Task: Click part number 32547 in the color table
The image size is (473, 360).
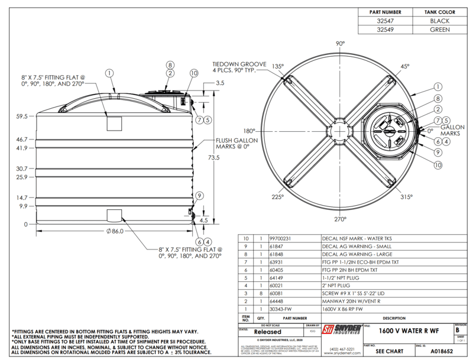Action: point(385,21)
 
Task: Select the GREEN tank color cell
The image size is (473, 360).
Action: point(440,30)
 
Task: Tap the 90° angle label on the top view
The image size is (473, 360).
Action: point(340,44)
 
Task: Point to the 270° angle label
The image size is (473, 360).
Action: point(340,219)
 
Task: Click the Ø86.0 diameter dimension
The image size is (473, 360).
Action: point(114,231)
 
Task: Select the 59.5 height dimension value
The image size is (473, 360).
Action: point(21,116)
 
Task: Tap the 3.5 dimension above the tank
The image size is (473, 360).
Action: point(220,83)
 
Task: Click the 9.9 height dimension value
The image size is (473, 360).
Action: point(23,206)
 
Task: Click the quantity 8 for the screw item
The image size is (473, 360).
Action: point(261,291)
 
